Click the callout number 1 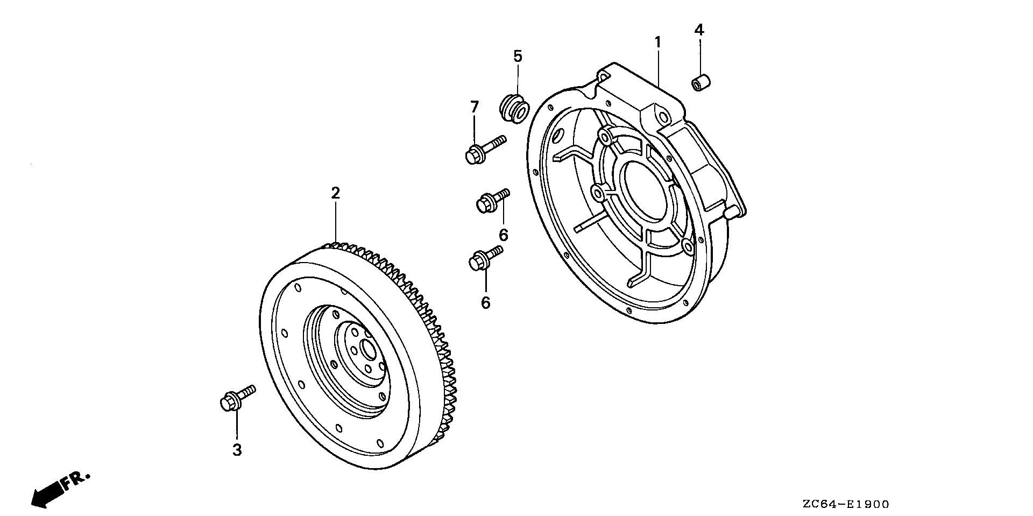pyautogui.click(x=657, y=41)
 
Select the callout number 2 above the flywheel pyautogui.click(x=335, y=193)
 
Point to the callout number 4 pyautogui.click(x=698, y=30)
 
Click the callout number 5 pyautogui.click(x=518, y=56)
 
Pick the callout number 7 pyautogui.click(x=474, y=107)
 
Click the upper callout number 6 pyautogui.click(x=504, y=235)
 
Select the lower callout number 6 pyautogui.click(x=486, y=302)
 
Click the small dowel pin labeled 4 pyautogui.click(x=701, y=83)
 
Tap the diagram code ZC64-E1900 pyautogui.click(x=845, y=504)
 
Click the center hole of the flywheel pyautogui.click(x=369, y=350)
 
